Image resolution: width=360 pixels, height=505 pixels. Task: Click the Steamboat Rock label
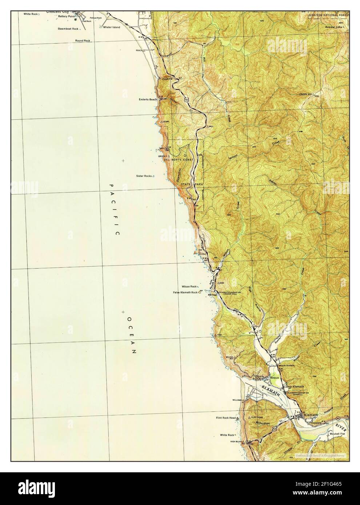click(x=68, y=28)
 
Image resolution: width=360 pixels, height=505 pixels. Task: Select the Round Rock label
click(x=83, y=41)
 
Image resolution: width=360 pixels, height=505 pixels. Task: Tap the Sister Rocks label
click(x=144, y=176)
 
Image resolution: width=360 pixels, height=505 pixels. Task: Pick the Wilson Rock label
click(x=189, y=287)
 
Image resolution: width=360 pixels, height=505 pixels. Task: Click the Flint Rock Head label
click(x=226, y=418)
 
